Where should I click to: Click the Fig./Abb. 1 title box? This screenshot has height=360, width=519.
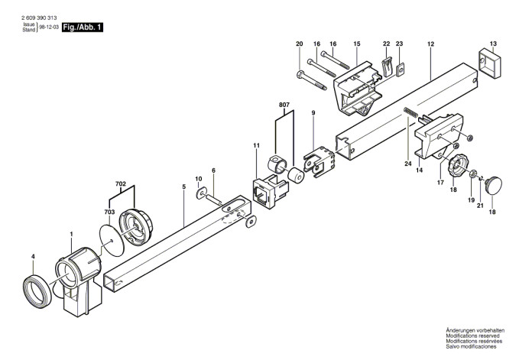click(83, 27)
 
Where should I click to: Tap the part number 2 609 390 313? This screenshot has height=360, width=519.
click(39, 18)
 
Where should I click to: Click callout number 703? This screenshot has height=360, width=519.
click(109, 212)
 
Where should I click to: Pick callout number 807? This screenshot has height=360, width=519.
click(284, 105)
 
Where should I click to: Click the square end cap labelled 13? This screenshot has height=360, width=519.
click(490, 64)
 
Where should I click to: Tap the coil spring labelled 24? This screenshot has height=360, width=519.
click(410, 112)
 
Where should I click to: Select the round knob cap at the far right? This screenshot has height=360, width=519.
click(494, 186)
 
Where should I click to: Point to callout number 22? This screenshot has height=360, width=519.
click(387, 44)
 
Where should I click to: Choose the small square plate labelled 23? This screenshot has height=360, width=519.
click(400, 69)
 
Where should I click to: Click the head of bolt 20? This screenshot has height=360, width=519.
click(300, 74)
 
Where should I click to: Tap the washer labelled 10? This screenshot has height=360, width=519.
click(201, 193)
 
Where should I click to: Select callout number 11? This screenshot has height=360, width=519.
click(257, 145)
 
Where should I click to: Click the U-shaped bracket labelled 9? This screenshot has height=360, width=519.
click(319, 161)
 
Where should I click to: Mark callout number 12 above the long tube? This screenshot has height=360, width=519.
click(430, 44)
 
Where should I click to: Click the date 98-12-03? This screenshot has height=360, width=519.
click(49, 27)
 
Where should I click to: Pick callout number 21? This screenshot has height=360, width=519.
click(480, 206)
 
